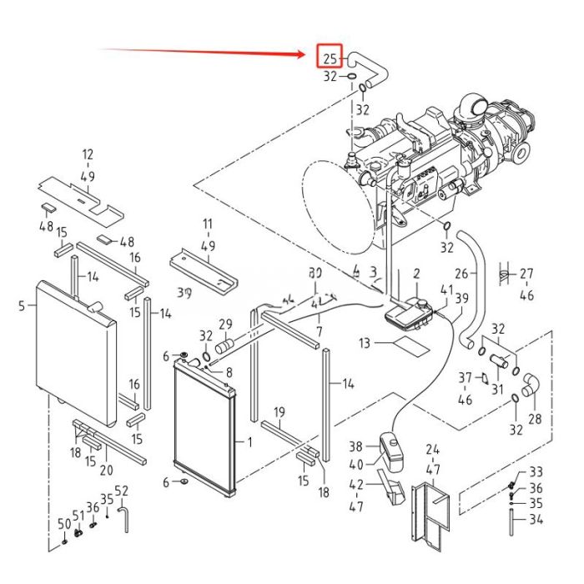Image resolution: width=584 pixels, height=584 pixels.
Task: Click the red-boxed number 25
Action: [330, 58]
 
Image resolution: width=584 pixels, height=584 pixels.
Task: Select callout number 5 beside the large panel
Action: [22, 305]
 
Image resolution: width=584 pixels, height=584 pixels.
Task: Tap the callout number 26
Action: [461, 273]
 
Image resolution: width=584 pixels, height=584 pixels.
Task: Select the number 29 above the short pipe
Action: [225, 324]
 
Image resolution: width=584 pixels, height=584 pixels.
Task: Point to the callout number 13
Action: [365, 343]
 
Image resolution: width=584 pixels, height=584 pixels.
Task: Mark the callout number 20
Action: [106, 471]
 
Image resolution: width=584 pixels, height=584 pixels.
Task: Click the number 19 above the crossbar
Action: [279, 412]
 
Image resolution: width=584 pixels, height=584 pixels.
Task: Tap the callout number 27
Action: [526, 273]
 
